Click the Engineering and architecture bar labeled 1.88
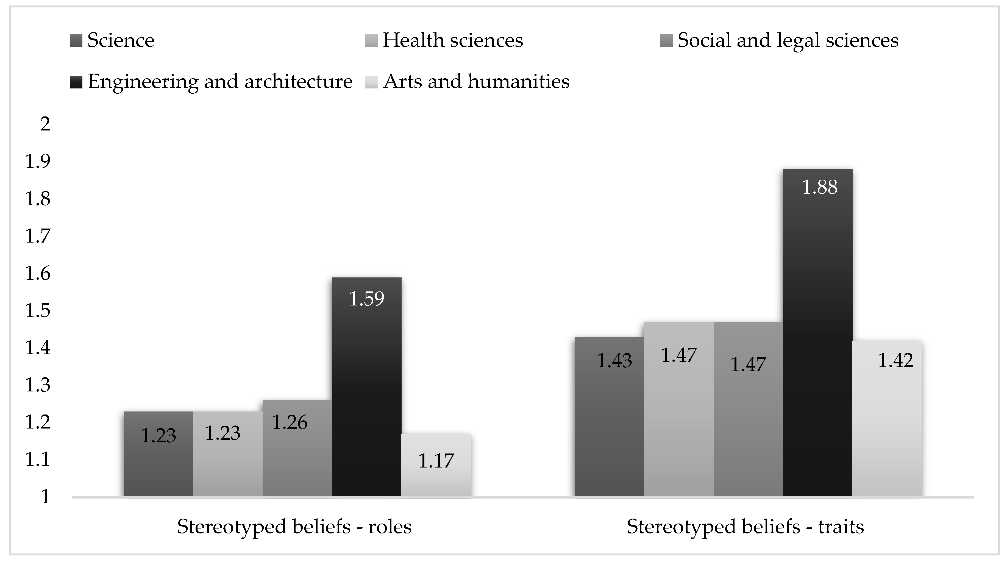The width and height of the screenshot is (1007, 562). click(817, 332)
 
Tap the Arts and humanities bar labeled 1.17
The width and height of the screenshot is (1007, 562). click(436, 465)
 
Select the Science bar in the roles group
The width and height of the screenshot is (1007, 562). click(158, 453)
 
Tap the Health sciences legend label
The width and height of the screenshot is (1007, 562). click(453, 40)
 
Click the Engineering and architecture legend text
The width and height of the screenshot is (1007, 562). click(220, 82)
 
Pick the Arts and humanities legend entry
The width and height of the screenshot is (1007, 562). click(476, 82)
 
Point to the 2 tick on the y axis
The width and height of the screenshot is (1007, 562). click(45, 124)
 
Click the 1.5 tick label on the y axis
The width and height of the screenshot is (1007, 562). click(38, 310)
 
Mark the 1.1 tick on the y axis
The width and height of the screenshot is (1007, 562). click(38, 459)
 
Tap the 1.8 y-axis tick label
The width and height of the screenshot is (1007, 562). click(38, 199)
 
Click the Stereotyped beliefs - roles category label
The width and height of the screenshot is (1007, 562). click(294, 527)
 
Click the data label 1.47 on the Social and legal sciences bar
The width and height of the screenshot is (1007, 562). click(748, 365)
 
